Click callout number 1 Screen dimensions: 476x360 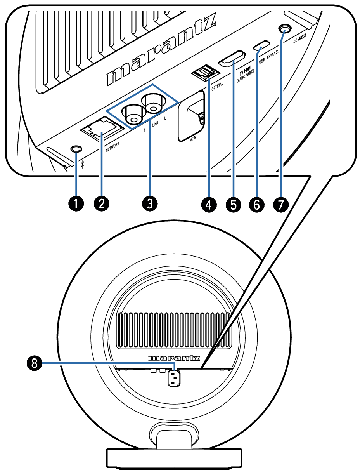click(76, 203)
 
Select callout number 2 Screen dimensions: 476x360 click(101, 203)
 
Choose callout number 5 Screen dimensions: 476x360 click(233, 203)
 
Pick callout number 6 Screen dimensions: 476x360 click(256, 203)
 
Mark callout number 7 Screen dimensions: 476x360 click(280, 203)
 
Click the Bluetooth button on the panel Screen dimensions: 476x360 click(76, 148)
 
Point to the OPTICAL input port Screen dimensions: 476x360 click(203, 73)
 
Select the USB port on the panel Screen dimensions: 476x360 click(262, 46)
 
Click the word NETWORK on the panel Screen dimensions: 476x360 click(111, 148)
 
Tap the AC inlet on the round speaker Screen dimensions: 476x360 click(173, 378)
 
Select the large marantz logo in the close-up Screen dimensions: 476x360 click(162, 52)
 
